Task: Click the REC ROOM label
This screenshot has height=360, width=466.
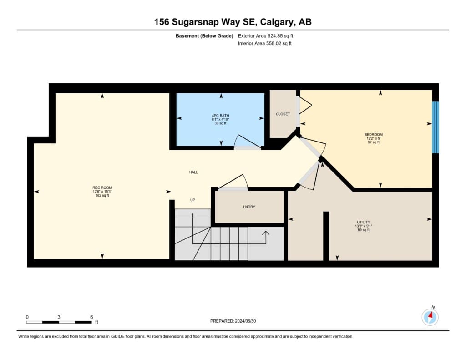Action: (x=102, y=188)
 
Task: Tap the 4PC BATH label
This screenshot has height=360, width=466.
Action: (x=220, y=116)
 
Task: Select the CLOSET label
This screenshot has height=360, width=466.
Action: (x=283, y=114)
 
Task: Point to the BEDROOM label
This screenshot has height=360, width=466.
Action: (x=373, y=134)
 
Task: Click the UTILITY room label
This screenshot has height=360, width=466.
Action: (x=364, y=222)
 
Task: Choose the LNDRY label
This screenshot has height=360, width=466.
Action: (x=249, y=207)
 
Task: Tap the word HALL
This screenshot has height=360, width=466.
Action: (x=193, y=172)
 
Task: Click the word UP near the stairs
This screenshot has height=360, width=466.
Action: (x=192, y=200)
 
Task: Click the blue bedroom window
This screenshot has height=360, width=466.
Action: (x=436, y=127)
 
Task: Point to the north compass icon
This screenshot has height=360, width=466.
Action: (x=430, y=317)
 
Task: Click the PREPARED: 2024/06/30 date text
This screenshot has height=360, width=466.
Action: (x=233, y=321)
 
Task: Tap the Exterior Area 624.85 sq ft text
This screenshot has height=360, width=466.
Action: (x=265, y=36)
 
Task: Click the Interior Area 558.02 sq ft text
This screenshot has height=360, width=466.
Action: (x=264, y=43)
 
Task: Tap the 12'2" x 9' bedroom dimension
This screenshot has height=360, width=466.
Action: (x=373, y=138)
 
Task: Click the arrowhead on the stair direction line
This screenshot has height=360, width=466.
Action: (x=266, y=233)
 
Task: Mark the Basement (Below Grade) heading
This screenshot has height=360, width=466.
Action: (x=204, y=36)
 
